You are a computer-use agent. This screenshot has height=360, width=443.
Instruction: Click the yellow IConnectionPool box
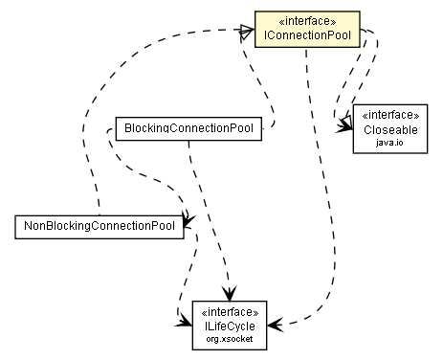(307, 30)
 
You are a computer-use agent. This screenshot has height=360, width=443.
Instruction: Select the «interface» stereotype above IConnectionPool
(307, 21)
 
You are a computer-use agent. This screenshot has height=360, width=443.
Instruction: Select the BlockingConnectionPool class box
(188, 127)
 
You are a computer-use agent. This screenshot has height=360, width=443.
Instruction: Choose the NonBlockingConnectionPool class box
(100, 226)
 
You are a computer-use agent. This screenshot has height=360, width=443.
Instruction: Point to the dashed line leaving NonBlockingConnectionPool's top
(98, 191)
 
